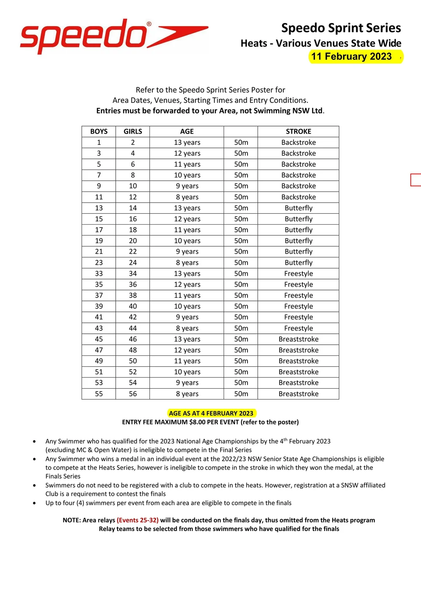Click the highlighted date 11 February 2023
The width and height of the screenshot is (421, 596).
[x=352, y=56]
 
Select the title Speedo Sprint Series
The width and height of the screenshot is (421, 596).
[x=341, y=28]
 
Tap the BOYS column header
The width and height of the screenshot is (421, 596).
[x=99, y=132]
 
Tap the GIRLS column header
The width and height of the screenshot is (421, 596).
[x=133, y=132]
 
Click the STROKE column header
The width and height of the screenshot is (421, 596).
[x=298, y=132]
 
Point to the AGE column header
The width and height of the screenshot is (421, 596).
[x=187, y=132]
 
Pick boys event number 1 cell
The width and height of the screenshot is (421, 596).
[x=99, y=142]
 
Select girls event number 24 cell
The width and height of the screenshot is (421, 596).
[x=133, y=263]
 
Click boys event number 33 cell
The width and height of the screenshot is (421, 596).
[x=99, y=274]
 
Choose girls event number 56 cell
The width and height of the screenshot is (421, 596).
[x=133, y=394]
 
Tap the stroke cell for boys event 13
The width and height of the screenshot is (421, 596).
[x=298, y=208]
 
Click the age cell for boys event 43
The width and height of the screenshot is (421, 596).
[x=187, y=328]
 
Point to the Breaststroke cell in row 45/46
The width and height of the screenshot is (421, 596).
[x=298, y=339]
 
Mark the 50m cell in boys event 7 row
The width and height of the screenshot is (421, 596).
[x=241, y=175]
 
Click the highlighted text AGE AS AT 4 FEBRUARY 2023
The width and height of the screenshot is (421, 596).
[x=211, y=413]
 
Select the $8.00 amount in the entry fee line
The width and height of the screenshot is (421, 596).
[x=200, y=422]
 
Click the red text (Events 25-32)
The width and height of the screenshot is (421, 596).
[x=138, y=520]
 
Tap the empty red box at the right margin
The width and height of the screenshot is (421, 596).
[x=416, y=180]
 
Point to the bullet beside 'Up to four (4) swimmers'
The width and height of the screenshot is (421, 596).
[x=34, y=503]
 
